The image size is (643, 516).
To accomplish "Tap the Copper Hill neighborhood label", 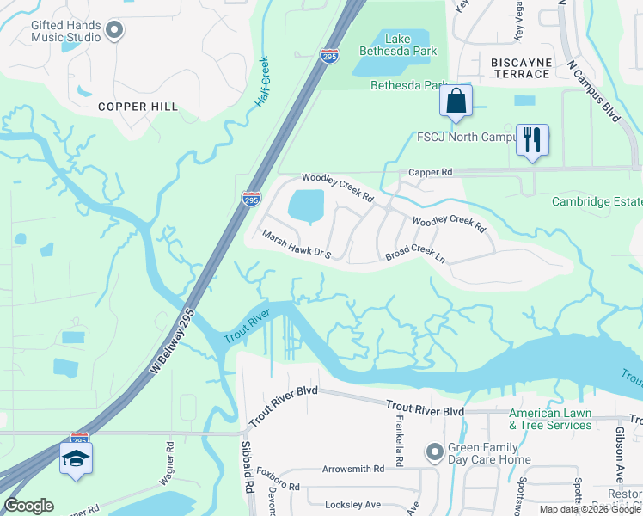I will pyautogui.click(x=138, y=107).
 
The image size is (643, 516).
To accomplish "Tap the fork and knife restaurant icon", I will pyautogui.click(x=531, y=139).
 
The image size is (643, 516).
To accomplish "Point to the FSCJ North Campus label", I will pyautogui.click(x=465, y=137).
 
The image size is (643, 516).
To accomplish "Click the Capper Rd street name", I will pyautogui.click(x=430, y=173).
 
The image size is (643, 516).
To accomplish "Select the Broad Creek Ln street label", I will pyautogui.click(x=414, y=255).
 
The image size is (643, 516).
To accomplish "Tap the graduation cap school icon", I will pyautogui.click(x=76, y=458).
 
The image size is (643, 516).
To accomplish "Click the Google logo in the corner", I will pyautogui.click(x=28, y=506).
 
